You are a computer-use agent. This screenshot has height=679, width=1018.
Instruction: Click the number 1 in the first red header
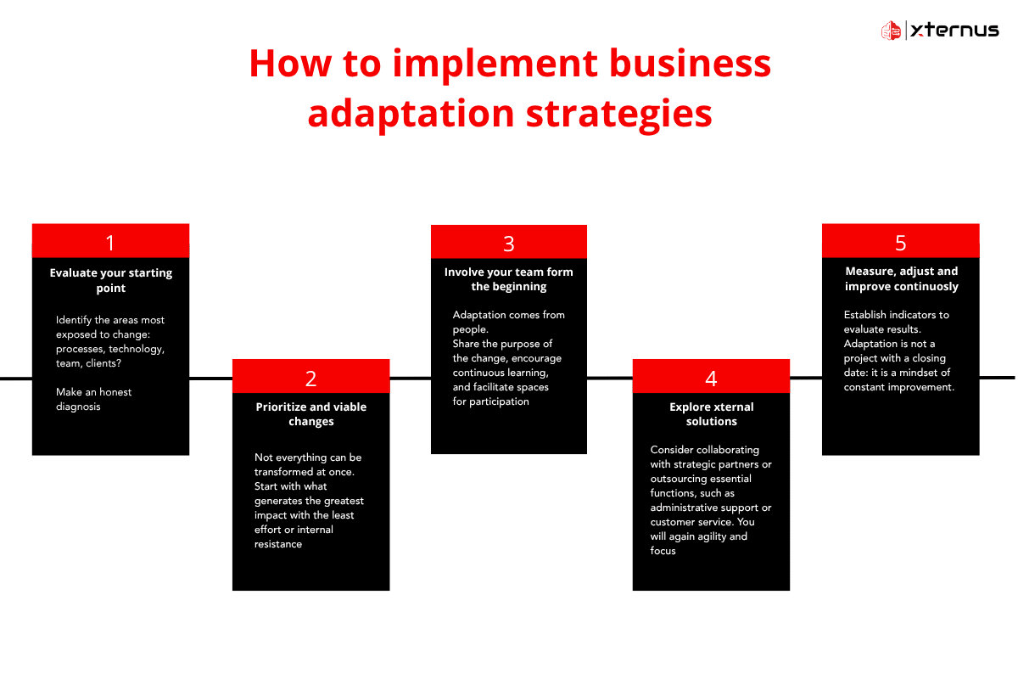[110, 243]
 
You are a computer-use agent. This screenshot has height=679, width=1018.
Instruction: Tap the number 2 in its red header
[310, 377]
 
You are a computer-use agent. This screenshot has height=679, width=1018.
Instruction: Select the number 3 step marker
[509, 244]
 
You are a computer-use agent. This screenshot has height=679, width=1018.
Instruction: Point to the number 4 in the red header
[711, 377]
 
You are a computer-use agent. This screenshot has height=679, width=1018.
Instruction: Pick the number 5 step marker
[900, 243]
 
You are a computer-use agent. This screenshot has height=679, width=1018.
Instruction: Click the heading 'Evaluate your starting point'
[110, 280]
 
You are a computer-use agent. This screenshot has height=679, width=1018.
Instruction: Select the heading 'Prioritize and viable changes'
[310, 414]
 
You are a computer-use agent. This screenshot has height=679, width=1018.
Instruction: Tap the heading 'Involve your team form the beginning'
[509, 279]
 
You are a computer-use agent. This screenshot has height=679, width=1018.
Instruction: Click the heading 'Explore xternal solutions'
[711, 414]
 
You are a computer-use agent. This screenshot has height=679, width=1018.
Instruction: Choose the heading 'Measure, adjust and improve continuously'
[901, 278]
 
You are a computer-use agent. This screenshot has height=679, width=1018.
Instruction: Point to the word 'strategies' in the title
[618, 114]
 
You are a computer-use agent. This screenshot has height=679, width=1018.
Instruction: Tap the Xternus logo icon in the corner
[891, 31]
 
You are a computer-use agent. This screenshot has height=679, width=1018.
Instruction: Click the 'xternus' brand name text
[954, 31]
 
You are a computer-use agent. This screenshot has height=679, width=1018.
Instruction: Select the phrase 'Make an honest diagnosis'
[94, 399]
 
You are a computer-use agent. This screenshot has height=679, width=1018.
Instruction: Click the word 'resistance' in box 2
[278, 544]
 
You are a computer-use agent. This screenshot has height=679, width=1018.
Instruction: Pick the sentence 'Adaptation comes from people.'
[507, 322]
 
